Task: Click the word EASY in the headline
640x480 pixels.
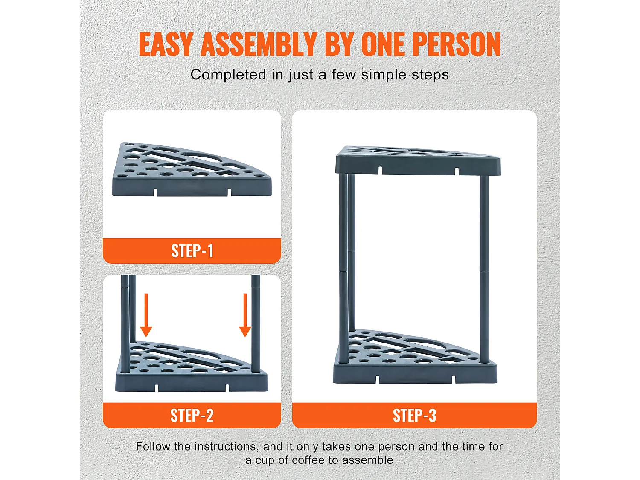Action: pos(166,44)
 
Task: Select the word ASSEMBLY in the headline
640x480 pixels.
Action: pos(259,44)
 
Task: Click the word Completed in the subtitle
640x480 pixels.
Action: pos(228,75)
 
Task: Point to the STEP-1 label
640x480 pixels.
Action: pos(192,251)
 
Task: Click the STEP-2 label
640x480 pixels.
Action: pos(192,416)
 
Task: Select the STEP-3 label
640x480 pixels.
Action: pos(414,416)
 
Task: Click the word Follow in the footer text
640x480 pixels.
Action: pos(153,447)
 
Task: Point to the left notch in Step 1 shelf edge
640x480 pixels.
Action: pos(155,192)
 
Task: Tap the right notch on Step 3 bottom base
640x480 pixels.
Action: pos(453,379)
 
